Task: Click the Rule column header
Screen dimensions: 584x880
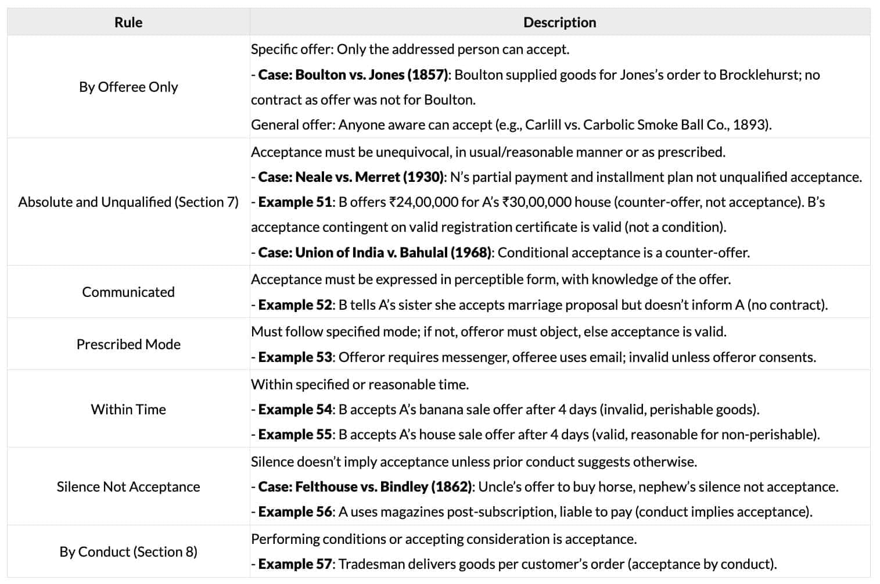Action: [128, 22]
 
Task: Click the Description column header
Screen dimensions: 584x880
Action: [559, 22]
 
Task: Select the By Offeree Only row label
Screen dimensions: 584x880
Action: [128, 87]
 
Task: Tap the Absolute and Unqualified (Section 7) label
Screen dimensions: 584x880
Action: [128, 202]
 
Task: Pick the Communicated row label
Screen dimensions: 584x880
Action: [128, 292]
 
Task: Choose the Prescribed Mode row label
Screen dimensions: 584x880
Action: [128, 344]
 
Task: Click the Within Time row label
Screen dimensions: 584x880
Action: [128, 409]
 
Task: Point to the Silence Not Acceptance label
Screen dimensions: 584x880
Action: [128, 486]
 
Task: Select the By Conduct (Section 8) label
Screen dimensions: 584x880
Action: [128, 551]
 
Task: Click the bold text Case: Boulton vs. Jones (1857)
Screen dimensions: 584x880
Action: [353, 75]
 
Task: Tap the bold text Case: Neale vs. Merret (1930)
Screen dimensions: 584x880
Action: [351, 177]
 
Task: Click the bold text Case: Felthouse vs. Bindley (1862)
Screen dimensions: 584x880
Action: [365, 487]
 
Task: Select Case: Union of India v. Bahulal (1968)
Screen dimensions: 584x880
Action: [375, 253]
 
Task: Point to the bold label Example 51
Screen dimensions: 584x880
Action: [295, 202]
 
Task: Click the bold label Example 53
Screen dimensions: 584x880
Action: [295, 357]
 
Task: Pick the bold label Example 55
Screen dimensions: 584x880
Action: [295, 435]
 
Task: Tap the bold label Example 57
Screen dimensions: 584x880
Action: [295, 564]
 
